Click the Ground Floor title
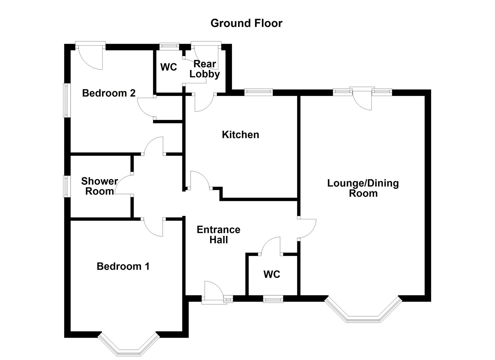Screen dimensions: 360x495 246,23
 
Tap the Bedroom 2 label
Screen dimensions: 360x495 109,93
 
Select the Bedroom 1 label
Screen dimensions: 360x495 123,266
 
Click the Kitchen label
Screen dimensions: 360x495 240,135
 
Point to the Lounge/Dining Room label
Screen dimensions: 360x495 363,188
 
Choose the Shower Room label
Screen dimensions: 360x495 99,186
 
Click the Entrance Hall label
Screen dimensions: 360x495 218,234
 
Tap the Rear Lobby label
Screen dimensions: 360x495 205,69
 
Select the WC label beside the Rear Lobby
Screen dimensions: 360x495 168,67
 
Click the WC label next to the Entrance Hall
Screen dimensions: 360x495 272,274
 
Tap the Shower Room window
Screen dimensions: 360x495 67,186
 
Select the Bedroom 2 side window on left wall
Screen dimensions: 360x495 67,100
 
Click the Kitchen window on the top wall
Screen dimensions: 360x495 258,92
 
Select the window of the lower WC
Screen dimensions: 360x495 273,299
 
